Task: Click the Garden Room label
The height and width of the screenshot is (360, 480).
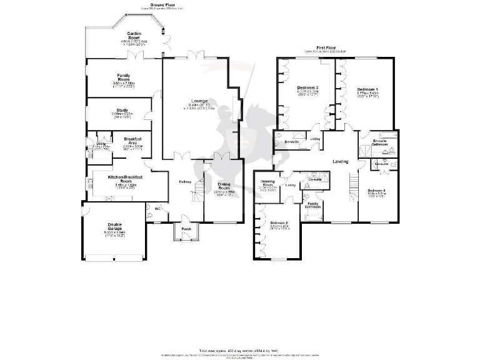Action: pyautogui.click(x=133, y=35)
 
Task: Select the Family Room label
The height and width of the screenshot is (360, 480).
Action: pyautogui.click(x=123, y=77)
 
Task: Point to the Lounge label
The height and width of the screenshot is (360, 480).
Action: pyautogui.click(x=199, y=101)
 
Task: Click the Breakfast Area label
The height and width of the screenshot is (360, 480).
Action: pyautogui.click(x=134, y=140)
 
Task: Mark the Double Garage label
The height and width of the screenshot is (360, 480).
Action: pyautogui.click(x=114, y=227)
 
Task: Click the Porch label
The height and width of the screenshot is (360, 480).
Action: pyautogui.click(x=186, y=229)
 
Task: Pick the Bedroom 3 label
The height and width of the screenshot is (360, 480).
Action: pyautogui.click(x=308, y=87)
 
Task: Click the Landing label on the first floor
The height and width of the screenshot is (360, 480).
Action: pyautogui.click(x=341, y=162)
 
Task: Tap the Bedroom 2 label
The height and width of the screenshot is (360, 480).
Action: pyautogui.click(x=278, y=223)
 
